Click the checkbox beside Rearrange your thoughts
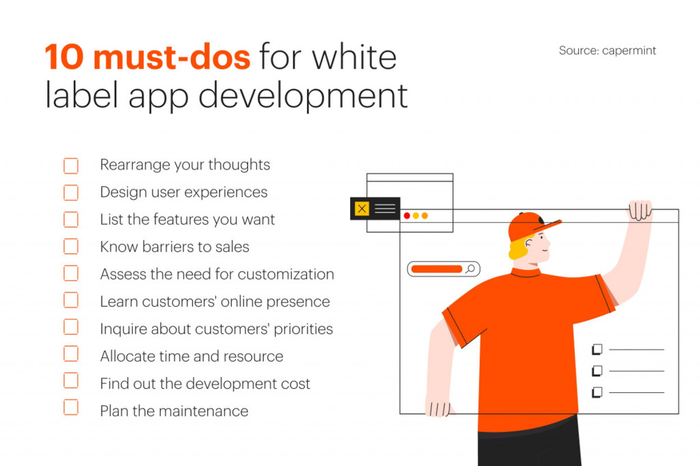coord(71,166)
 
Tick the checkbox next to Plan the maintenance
coord(71,408)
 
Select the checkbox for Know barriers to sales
coord(71,247)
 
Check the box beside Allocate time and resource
coord(71,354)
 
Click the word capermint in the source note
coord(629,51)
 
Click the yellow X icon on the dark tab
coord(362,208)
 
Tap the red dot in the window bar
coord(407,216)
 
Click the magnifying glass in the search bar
coord(470,269)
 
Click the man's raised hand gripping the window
coord(640,210)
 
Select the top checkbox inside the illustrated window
coord(597,349)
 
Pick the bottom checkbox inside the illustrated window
coord(597,392)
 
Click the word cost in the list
coord(294,383)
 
